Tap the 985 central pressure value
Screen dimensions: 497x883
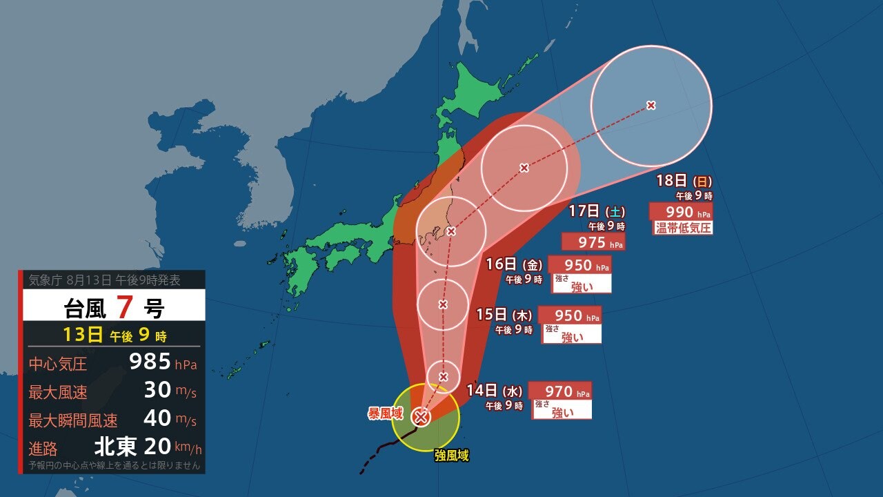click(x=150, y=362)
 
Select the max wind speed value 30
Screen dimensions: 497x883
click(x=157, y=391)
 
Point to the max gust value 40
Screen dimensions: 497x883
click(x=157, y=419)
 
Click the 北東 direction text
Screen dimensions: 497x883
click(x=116, y=447)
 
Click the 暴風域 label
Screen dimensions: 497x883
click(x=385, y=413)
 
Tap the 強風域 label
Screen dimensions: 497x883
click(x=452, y=456)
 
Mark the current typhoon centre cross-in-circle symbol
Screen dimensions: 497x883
click(x=421, y=416)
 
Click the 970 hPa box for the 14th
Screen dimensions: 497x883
click(x=559, y=391)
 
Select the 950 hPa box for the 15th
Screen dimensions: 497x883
click(x=569, y=315)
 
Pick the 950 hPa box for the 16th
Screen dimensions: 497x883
click(x=579, y=265)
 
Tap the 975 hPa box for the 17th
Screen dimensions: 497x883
click(x=593, y=242)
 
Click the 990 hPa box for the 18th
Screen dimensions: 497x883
click(x=680, y=212)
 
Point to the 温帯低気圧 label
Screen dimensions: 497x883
click(x=682, y=228)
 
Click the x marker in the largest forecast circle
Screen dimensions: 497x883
click(x=651, y=105)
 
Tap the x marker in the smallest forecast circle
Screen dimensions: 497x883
click(x=444, y=376)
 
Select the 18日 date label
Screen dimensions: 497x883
click(x=671, y=181)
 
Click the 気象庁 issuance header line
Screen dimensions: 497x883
click(x=105, y=280)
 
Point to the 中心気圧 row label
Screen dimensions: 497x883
click(x=58, y=364)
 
